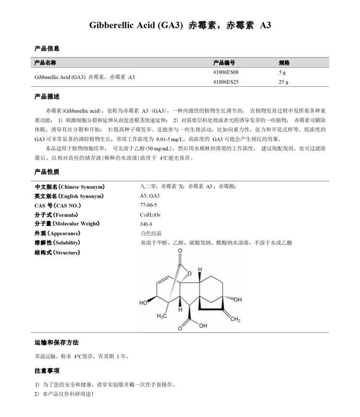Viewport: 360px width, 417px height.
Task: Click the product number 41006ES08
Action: tap(225, 72)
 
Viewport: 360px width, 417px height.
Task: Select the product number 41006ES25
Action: tap(225, 82)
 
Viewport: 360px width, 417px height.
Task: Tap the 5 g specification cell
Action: tap(282, 72)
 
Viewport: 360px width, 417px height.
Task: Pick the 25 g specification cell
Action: tap(283, 82)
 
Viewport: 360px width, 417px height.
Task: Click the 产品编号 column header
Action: tap(224, 63)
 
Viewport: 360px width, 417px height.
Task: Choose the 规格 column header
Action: tap(284, 63)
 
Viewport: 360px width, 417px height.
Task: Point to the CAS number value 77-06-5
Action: tap(148, 205)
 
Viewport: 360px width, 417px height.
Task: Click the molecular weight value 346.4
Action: tap(146, 224)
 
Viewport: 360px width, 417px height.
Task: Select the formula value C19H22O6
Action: tap(151, 215)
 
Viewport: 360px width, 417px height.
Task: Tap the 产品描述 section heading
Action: tap(47, 97)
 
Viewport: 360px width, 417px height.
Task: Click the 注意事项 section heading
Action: tap(47, 371)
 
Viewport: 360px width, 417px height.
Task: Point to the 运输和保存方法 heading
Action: tap(56, 343)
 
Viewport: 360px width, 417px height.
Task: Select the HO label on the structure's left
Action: tap(144, 303)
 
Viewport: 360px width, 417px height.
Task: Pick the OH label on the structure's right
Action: tap(238, 299)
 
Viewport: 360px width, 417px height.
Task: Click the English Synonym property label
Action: tap(69, 196)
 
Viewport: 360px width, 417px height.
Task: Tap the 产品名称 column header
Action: tap(46, 63)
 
